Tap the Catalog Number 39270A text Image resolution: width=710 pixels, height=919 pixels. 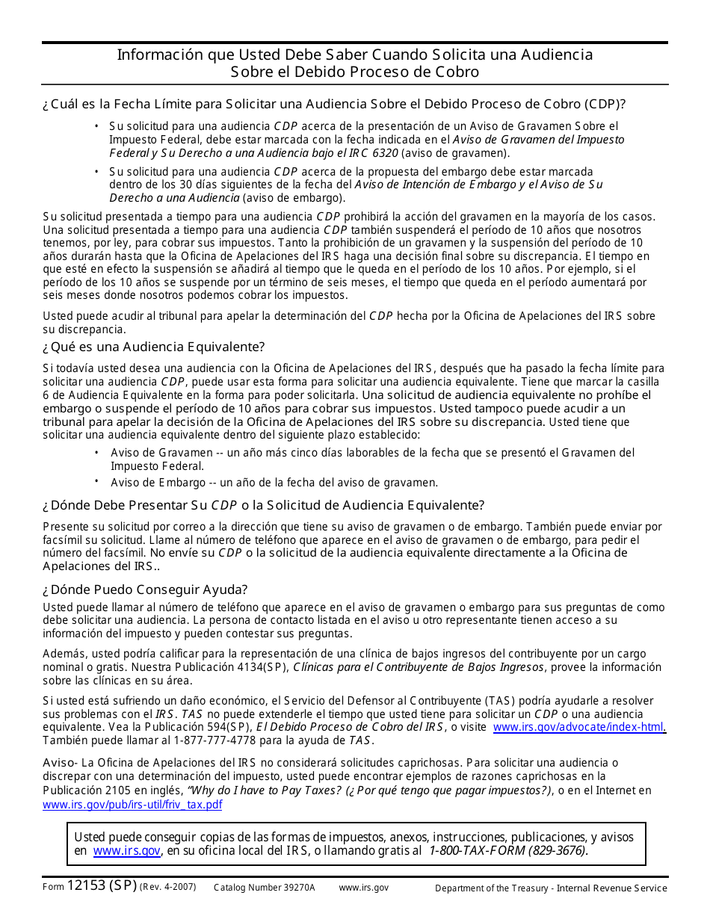pos(265,888)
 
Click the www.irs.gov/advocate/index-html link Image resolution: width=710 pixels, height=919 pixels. pos(579,727)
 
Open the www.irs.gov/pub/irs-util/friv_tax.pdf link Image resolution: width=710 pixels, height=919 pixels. pos(132,805)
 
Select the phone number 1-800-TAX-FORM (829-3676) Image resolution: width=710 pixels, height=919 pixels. pos(508,850)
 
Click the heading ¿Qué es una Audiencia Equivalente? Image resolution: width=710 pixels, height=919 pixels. pos(153,347)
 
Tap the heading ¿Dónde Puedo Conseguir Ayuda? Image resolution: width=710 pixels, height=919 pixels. pos(145,590)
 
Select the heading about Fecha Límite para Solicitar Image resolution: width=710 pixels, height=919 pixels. pos(334,104)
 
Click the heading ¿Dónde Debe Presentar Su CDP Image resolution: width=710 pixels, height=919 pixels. pos(263,505)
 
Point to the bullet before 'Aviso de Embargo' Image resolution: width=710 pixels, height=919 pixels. pos(96,481)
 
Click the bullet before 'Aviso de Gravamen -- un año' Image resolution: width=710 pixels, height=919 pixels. pos(96,451)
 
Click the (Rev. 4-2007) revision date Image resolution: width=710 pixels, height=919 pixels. pos(167,887)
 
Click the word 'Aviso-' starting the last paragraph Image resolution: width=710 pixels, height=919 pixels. pos(59,764)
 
